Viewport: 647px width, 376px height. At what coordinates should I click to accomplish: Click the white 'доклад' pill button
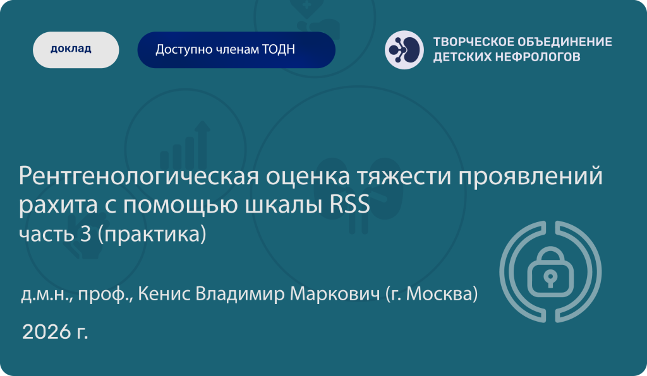tap(76, 50)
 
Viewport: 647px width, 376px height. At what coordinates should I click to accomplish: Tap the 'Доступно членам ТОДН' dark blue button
tap(236, 50)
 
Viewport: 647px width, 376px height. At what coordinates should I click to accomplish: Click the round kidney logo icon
tap(404, 50)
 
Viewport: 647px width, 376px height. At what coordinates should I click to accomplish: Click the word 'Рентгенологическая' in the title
tap(138, 176)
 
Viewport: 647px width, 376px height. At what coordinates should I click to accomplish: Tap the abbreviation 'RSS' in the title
tap(349, 205)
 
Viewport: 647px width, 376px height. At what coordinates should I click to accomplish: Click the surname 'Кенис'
tap(164, 294)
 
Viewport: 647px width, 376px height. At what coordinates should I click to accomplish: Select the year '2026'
tap(46, 331)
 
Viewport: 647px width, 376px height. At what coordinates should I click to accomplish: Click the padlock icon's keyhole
tap(550, 278)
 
